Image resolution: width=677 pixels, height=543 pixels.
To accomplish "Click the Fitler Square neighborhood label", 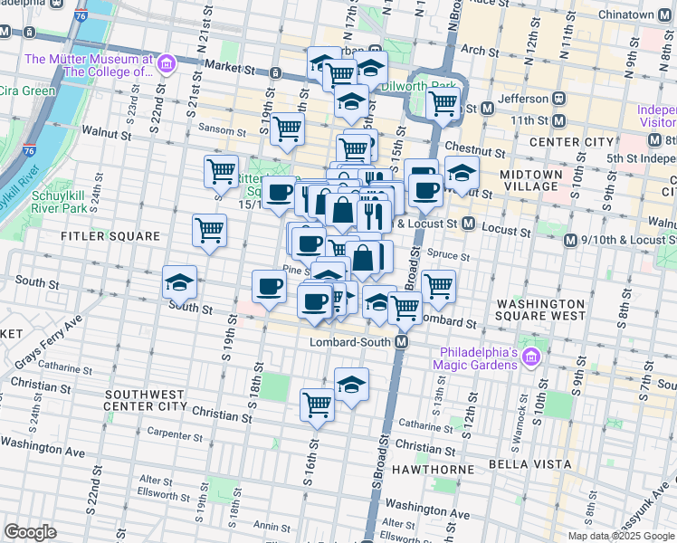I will tap(98, 236).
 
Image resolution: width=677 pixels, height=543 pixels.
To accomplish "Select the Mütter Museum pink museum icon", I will tap(166, 65).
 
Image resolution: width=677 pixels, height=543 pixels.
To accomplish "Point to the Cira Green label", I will tap(26, 90).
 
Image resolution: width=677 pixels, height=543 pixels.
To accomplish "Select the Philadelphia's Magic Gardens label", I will tap(478, 358).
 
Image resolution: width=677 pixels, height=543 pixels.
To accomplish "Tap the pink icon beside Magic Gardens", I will tap(530, 359).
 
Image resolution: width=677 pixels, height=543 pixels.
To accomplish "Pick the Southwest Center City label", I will tap(150, 401).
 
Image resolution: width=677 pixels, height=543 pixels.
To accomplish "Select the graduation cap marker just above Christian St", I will tap(351, 384).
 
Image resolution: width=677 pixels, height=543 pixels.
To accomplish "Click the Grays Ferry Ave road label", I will tap(47, 343).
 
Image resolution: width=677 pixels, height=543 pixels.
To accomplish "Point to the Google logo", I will tap(30, 532).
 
